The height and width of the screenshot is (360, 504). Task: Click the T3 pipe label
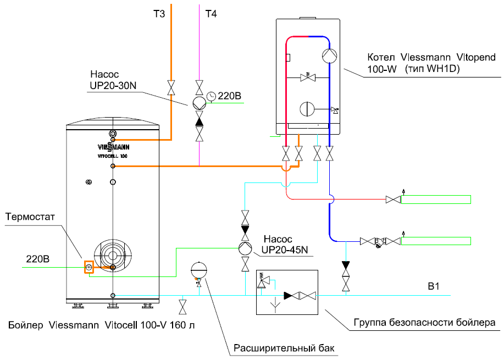(159, 15)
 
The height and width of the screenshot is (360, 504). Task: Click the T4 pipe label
(211, 15)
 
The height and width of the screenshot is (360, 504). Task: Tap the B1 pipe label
(435, 286)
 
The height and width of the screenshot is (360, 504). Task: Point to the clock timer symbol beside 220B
(212, 97)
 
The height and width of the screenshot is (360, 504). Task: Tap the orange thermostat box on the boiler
(88, 268)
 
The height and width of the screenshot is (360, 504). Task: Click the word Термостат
(30, 216)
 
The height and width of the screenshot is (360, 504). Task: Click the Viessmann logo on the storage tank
(112, 147)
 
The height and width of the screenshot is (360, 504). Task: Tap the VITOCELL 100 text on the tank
(112, 157)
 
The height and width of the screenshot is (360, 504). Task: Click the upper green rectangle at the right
(435, 199)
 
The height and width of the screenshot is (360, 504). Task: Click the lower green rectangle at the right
(435, 241)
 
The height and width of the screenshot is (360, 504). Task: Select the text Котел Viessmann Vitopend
(431, 57)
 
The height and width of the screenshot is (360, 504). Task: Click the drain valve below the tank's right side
(182, 304)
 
